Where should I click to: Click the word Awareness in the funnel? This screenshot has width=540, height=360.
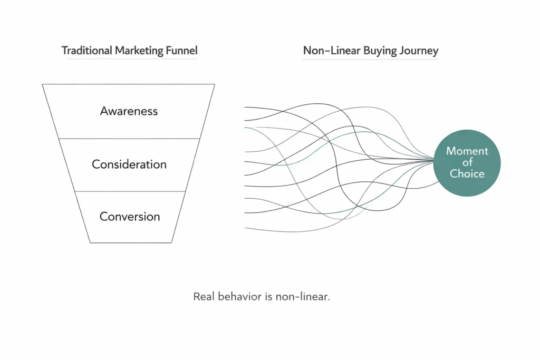[x=129, y=111]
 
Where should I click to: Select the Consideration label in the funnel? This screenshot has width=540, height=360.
[x=129, y=164]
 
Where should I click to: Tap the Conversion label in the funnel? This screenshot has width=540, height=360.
[x=130, y=217]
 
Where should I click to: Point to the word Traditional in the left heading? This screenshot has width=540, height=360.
[x=87, y=51]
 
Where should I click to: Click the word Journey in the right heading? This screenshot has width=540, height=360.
[x=419, y=51]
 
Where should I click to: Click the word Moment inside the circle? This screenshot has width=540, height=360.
[x=467, y=151]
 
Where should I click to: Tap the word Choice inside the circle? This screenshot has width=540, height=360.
[x=467, y=173]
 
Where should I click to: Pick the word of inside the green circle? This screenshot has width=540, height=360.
[x=467, y=162]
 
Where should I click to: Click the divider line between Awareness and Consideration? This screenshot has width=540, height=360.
[x=129, y=139]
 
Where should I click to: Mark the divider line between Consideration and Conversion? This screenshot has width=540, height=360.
[x=129, y=191]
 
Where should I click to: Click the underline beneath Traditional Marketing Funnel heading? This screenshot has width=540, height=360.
[x=129, y=59]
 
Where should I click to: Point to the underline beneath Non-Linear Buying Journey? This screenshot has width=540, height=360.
[x=371, y=59]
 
